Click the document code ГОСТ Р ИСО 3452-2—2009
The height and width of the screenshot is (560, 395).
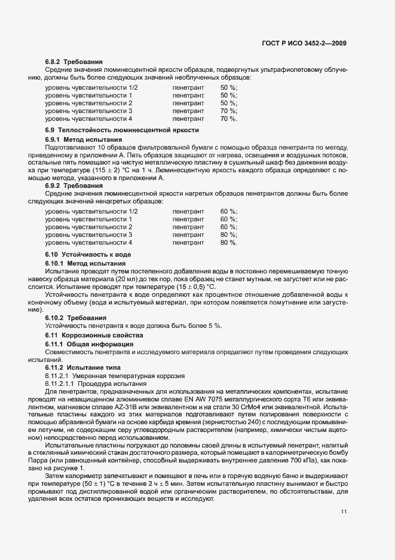pyautogui.click(x=304, y=43)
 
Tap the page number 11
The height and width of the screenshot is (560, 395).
pyautogui.click(x=344, y=512)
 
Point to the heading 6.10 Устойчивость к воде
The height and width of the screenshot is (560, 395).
pyautogui.click(x=88, y=254)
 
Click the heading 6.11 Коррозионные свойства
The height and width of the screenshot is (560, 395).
pyautogui.click(x=94, y=336)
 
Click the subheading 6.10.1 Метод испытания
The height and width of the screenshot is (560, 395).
pyautogui.click(x=85, y=263)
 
